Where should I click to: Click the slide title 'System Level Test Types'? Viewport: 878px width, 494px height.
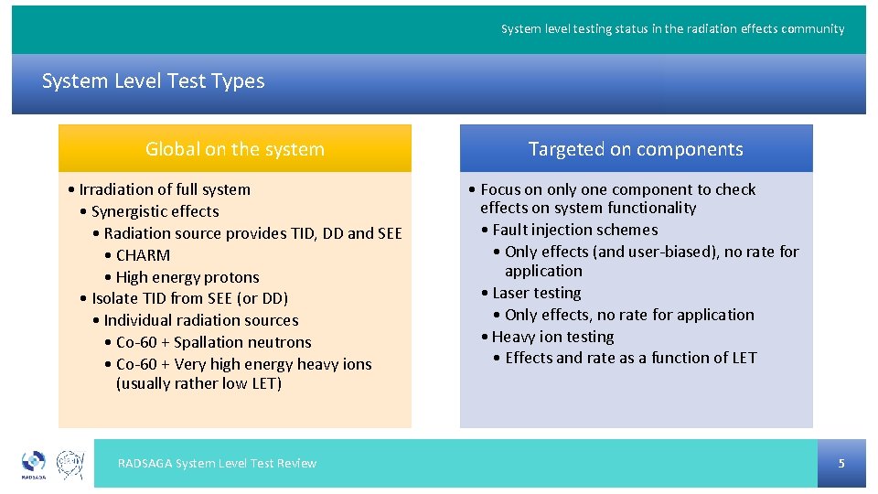click(153, 81)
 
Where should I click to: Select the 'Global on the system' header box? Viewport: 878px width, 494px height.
click(235, 149)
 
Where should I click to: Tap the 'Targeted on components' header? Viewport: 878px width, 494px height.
click(636, 149)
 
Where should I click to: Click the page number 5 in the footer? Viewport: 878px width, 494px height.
click(841, 464)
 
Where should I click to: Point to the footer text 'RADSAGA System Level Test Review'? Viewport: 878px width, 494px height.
click(217, 464)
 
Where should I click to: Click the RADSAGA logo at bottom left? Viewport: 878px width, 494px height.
click(33, 465)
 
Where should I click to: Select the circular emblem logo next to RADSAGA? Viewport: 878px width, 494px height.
click(71, 465)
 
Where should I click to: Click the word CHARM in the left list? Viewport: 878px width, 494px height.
click(143, 255)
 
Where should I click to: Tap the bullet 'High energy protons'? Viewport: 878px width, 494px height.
click(187, 277)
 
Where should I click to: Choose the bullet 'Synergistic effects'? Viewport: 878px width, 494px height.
click(155, 211)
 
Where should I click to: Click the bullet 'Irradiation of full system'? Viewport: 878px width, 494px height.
click(164, 189)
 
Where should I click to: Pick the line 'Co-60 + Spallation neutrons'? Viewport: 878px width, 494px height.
click(213, 342)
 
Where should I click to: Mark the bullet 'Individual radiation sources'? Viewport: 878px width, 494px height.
click(200, 320)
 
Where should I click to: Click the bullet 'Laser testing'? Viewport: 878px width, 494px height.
click(536, 293)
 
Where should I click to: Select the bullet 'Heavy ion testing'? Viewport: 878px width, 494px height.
click(552, 337)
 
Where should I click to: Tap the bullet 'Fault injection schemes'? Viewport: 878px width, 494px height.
click(574, 230)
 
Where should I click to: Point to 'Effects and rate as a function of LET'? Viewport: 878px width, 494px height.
click(630, 358)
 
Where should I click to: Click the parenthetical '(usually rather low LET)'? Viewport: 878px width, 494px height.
click(198, 383)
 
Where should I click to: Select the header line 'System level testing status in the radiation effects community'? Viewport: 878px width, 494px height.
click(672, 29)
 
